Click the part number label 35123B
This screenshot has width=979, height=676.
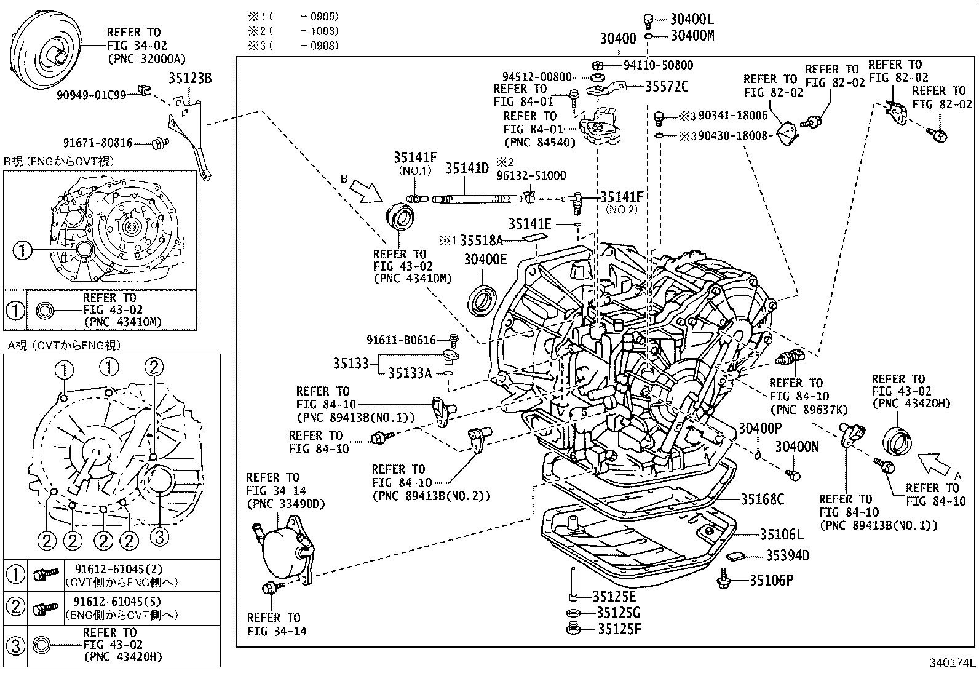(x=190, y=78)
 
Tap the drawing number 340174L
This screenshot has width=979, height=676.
(x=951, y=663)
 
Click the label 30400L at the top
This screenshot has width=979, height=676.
(x=692, y=20)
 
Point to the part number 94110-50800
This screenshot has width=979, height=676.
(x=658, y=65)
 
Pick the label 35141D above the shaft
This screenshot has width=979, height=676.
(x=467, y=168)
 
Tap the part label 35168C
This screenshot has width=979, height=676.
(x=763, y=499)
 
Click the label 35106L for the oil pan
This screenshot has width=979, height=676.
(x=781, y=535)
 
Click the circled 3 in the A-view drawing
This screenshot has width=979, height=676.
(x=159, y=538)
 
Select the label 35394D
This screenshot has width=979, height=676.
(x=787, y=555)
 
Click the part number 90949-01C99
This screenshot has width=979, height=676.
(x=91, y=95)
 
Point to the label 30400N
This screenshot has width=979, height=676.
(x=796, y=447)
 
